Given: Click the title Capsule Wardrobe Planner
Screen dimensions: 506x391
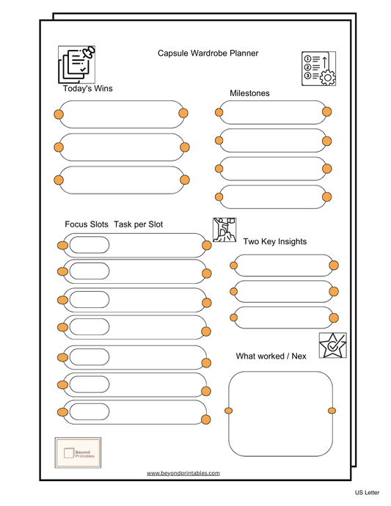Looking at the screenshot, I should click(x=208, y=53).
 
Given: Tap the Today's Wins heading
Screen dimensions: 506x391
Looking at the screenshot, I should click(x=87, y=89).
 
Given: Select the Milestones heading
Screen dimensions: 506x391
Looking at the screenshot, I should click(x=249, y=93).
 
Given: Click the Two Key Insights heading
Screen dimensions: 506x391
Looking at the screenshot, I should click(x=274, y=241).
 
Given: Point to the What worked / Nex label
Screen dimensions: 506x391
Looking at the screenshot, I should click(x=271, y=356).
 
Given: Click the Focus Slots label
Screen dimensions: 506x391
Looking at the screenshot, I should click(x=87, y=224).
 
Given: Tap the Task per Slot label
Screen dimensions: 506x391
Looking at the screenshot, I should click(x=139, y=224).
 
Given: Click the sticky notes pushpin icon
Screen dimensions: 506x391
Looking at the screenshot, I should click(x=77, y=65).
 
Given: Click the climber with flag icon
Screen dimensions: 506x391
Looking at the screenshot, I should click(x=224, y=230).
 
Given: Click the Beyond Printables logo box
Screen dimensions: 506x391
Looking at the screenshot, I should click(x=78, y=452).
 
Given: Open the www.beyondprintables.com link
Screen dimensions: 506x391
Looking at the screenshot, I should click(x=183, y=474).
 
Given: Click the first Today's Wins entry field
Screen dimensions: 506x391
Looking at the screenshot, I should click(x=121, y=114).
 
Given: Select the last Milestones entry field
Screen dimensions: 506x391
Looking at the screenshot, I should click(x=272, y=197).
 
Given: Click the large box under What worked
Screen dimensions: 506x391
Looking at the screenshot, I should click(x=280, y=413).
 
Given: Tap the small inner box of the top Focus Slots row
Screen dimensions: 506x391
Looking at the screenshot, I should click(x=89, y=245).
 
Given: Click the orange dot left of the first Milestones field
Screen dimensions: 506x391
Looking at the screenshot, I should click(x=219, y=112).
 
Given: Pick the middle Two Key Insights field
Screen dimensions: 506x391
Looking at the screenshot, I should click(x=283, y=292).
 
